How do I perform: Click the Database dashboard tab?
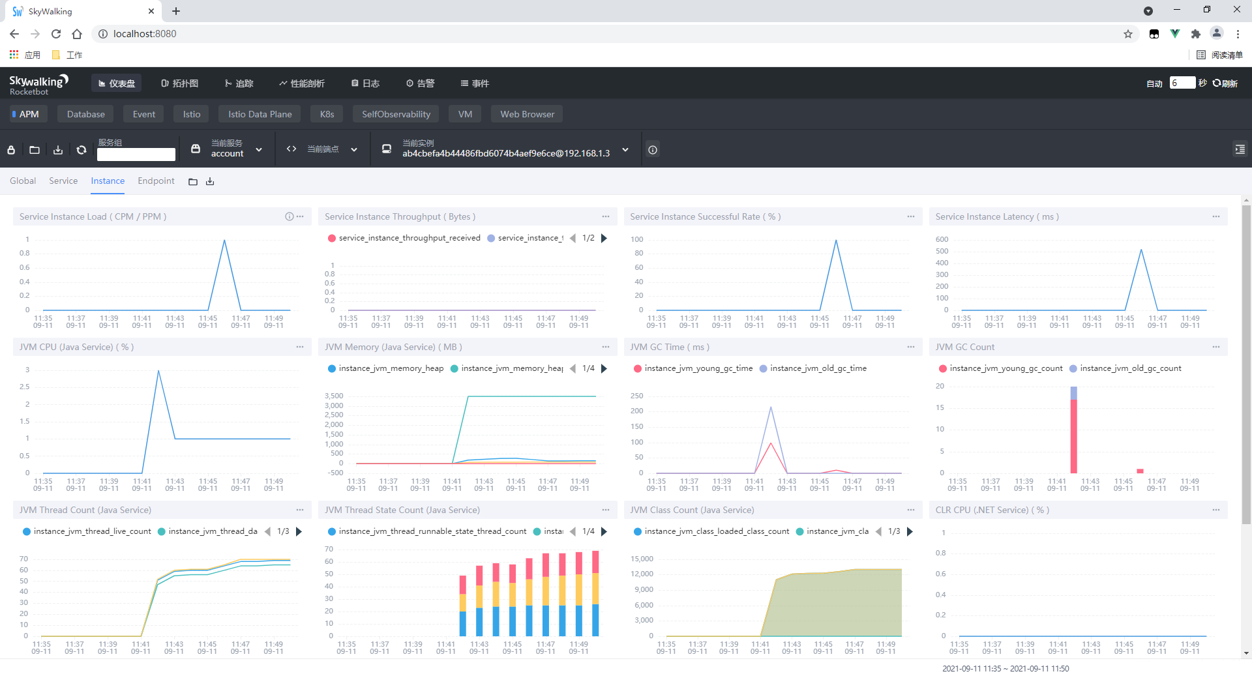(85, 114)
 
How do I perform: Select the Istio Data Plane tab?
(260, 114)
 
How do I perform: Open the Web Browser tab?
(527, 114)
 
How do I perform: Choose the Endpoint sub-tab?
(156, 181)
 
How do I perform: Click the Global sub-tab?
(23, 181)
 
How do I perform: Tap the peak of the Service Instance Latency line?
(1141, 250)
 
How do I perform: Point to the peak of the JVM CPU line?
(158, 371)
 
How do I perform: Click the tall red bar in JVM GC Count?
(1073, 436)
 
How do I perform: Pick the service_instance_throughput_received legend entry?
(404, 238)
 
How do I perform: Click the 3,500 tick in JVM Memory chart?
(334, 396)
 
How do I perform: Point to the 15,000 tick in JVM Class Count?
(642, 559)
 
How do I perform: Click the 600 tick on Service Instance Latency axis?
(942, 239)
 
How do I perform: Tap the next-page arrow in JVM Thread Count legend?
(299, 531)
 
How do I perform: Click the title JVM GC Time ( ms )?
(670, 347)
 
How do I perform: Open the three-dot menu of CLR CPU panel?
(1216, 510)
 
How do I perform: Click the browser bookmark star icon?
(1128, 34)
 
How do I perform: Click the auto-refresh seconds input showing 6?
(1182, 83)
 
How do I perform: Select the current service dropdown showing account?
(228, 149)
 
